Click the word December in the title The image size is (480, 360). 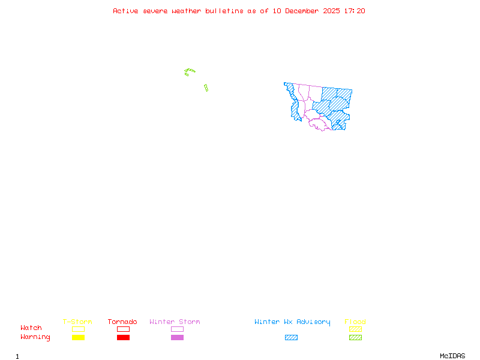tap(302, 11)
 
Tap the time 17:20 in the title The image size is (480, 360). tap(355, 11)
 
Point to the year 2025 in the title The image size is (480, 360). tap(332, 11)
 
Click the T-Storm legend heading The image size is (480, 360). tap(77, 322)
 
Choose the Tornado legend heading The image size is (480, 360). tap(122, 322)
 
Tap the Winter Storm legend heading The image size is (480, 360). tap(175, 322)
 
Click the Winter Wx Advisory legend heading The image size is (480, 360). tap(292, 322)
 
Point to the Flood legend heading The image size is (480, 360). tap(355, 322)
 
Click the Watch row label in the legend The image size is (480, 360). tap(31, 328)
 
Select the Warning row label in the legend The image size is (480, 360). tap(35, 337)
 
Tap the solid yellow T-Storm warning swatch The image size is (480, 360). tap(78, 337)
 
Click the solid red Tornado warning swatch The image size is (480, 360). tap(123, 337)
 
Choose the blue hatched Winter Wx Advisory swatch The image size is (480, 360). tap(291, 337)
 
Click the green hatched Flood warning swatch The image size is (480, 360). tap(355, 337)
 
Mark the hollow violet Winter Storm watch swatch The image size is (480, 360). tap(177, 329)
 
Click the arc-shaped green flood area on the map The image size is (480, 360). tap(190, 71)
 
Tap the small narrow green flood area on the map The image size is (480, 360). tap(206, 88)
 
